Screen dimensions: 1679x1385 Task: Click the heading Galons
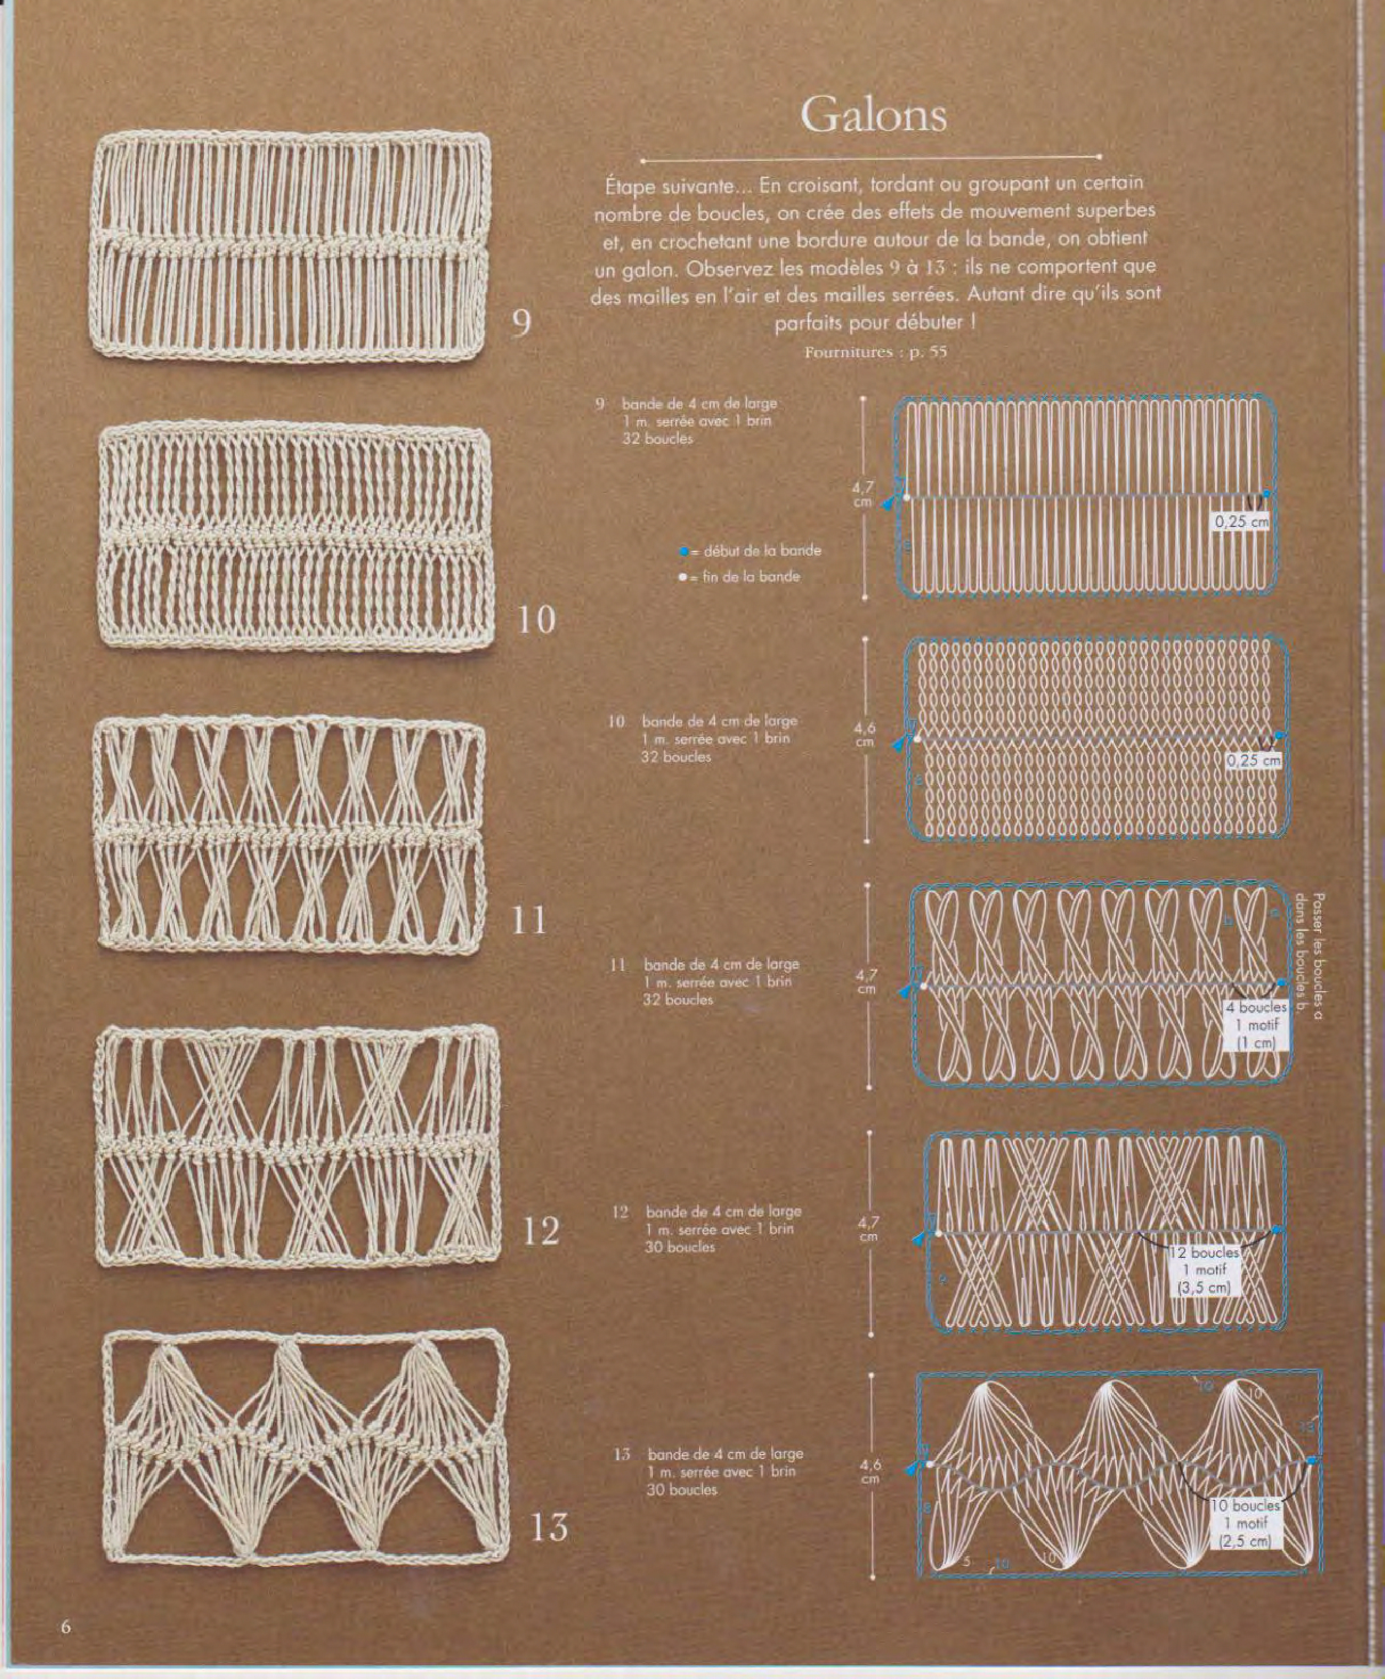873,115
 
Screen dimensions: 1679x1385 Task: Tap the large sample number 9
521,322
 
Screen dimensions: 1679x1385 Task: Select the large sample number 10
536,620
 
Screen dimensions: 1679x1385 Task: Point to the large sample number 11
529,921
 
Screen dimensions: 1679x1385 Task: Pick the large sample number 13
549,1527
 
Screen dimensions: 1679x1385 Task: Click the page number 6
66,1626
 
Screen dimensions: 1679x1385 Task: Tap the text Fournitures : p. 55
875,352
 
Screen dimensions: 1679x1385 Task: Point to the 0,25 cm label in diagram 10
1253,760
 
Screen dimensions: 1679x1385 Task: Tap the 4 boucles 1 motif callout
1256,1025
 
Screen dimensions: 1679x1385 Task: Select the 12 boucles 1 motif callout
1205,1270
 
